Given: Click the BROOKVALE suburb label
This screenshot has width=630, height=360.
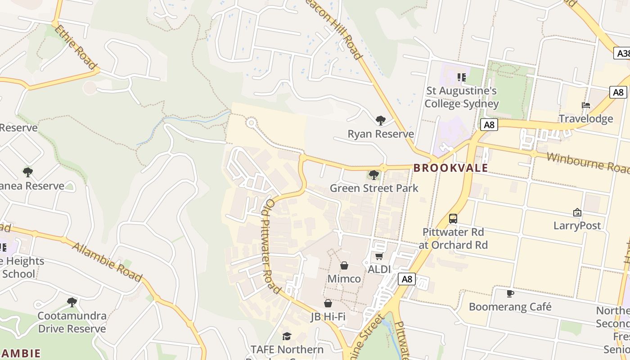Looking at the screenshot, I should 450,168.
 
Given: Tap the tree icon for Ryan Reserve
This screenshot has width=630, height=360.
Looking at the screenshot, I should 380,120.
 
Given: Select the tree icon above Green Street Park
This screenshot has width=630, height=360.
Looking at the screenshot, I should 373,175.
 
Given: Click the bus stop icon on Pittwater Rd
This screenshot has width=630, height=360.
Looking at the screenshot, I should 453,219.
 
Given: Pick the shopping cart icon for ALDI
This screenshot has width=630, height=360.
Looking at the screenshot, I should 379,256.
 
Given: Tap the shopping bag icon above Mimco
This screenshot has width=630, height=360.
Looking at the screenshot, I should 344,265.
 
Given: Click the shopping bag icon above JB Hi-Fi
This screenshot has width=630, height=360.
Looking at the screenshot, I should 328,303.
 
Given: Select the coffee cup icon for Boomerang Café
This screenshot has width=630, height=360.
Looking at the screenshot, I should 510,293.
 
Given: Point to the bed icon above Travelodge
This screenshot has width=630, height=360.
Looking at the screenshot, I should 585,105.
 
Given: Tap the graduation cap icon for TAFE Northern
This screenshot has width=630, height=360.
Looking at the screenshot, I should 287,336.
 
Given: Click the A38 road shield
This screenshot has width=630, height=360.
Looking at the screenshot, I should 622,54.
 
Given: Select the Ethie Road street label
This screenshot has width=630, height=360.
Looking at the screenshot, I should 76,47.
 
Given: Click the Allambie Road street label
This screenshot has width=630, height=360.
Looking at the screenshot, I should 107,261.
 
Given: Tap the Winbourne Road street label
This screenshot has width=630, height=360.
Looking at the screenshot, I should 588,162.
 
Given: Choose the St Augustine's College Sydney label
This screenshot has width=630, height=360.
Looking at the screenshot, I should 462,97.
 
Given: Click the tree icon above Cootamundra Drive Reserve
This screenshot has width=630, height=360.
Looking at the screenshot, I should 72,302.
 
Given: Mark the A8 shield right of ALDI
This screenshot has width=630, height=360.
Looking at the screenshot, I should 406,279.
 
